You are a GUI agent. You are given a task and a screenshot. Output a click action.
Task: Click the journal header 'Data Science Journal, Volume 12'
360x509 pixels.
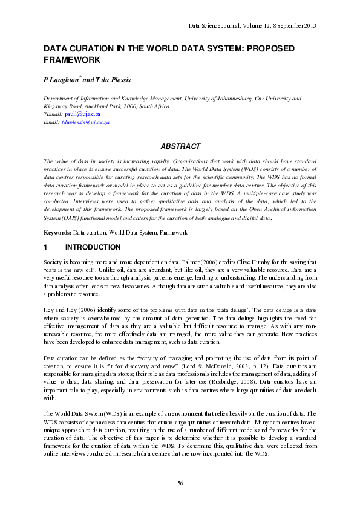tap(226, 25)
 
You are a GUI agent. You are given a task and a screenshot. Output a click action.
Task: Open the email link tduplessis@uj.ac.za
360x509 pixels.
tap(85, 122)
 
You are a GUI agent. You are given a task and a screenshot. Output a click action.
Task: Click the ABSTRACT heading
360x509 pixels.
tap(180, 146)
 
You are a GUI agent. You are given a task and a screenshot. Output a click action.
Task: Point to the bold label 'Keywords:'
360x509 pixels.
tap(57, 232)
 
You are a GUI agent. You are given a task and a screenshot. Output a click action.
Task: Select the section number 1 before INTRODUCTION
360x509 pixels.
tap(45, 247)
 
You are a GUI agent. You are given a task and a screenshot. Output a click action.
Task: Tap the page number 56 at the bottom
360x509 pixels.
tap(180, 482)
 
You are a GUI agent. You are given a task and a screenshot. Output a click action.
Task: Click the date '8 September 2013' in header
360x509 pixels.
tap(293, 25)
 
